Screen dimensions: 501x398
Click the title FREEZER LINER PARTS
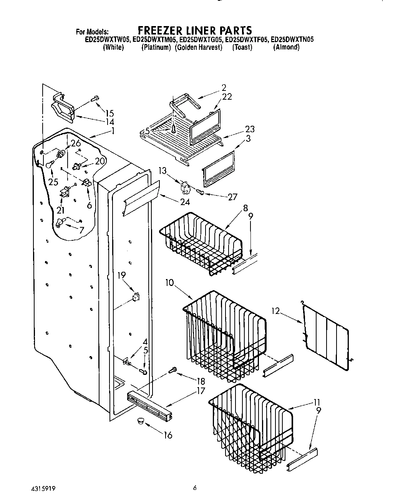click(x=195, y=30)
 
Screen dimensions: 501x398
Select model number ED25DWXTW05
click(x=108, y=39)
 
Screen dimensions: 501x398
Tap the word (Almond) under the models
click(x=286, y=48)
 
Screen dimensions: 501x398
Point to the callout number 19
click(x=121, y=275)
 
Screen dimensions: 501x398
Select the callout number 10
click(x=169, y=283)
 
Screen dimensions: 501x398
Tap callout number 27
click(x=232, y=197)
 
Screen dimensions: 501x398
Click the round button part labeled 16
click(x=139, y=422)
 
